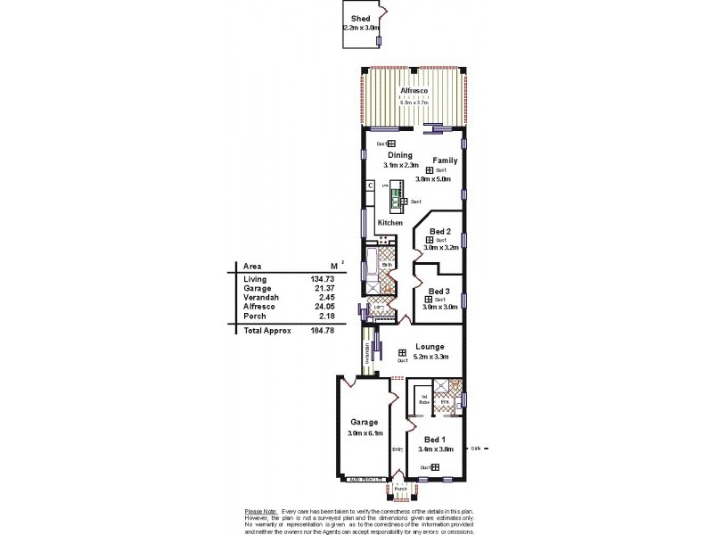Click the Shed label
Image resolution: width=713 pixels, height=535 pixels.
pos(360,18)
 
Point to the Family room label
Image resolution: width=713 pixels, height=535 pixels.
pos(445,160)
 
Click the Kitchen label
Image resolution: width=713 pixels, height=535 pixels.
pos(389,222)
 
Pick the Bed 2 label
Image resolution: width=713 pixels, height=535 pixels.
pos(440,231)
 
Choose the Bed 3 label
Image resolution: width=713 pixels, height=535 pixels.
pos(438,291)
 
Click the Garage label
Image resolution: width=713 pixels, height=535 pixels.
pos(364,422)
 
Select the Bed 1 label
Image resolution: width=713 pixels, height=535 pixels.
pos(434,440)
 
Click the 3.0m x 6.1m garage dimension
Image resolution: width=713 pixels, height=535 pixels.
pos(365,433)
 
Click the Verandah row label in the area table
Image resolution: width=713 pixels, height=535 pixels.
pos(260,297)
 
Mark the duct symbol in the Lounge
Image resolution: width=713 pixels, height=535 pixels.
pos(402,351)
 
